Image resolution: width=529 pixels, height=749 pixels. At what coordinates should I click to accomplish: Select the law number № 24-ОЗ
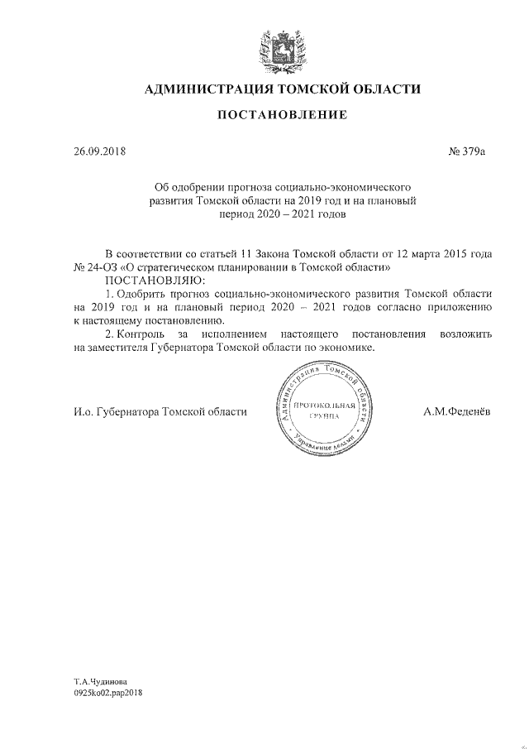click(95, 268)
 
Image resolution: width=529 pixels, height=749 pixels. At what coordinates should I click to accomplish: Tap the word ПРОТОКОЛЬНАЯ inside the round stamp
click(323, 405)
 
